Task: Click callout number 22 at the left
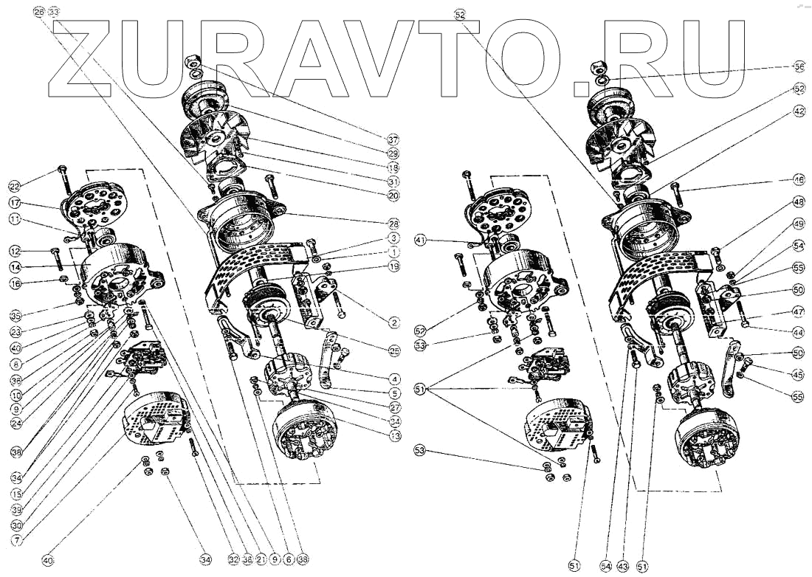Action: click(14, 185)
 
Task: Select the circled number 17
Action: click(14, 203)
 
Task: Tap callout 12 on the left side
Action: click(14, 250)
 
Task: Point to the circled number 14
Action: click(14, 266)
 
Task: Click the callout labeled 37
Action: click(393, 138)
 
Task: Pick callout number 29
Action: click(393, 153)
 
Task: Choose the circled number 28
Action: click(393, 223)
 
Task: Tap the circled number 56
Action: click(799, 66)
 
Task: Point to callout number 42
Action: click(799, 111)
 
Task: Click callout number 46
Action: click(799, 179)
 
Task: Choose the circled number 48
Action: click(799, 201)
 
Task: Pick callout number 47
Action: click(799, 312)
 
